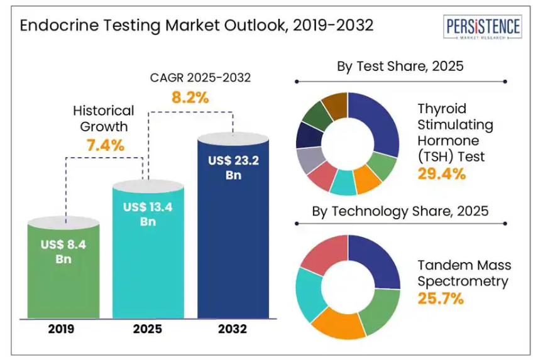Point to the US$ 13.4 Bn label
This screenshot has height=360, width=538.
click(x=148, y=214)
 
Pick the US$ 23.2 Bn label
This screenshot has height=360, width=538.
click(x=233, y=168)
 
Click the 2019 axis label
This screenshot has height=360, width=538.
click(x=63, y=329)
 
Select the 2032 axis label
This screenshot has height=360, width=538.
click(x=233, y=329)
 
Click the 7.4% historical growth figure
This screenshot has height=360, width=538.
click(x=105, y=146)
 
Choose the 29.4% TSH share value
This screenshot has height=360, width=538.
click(x=441, y=173)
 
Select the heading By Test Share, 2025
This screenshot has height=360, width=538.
click(x=400, y=66)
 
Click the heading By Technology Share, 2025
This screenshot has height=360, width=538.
click(x=400, y=211)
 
